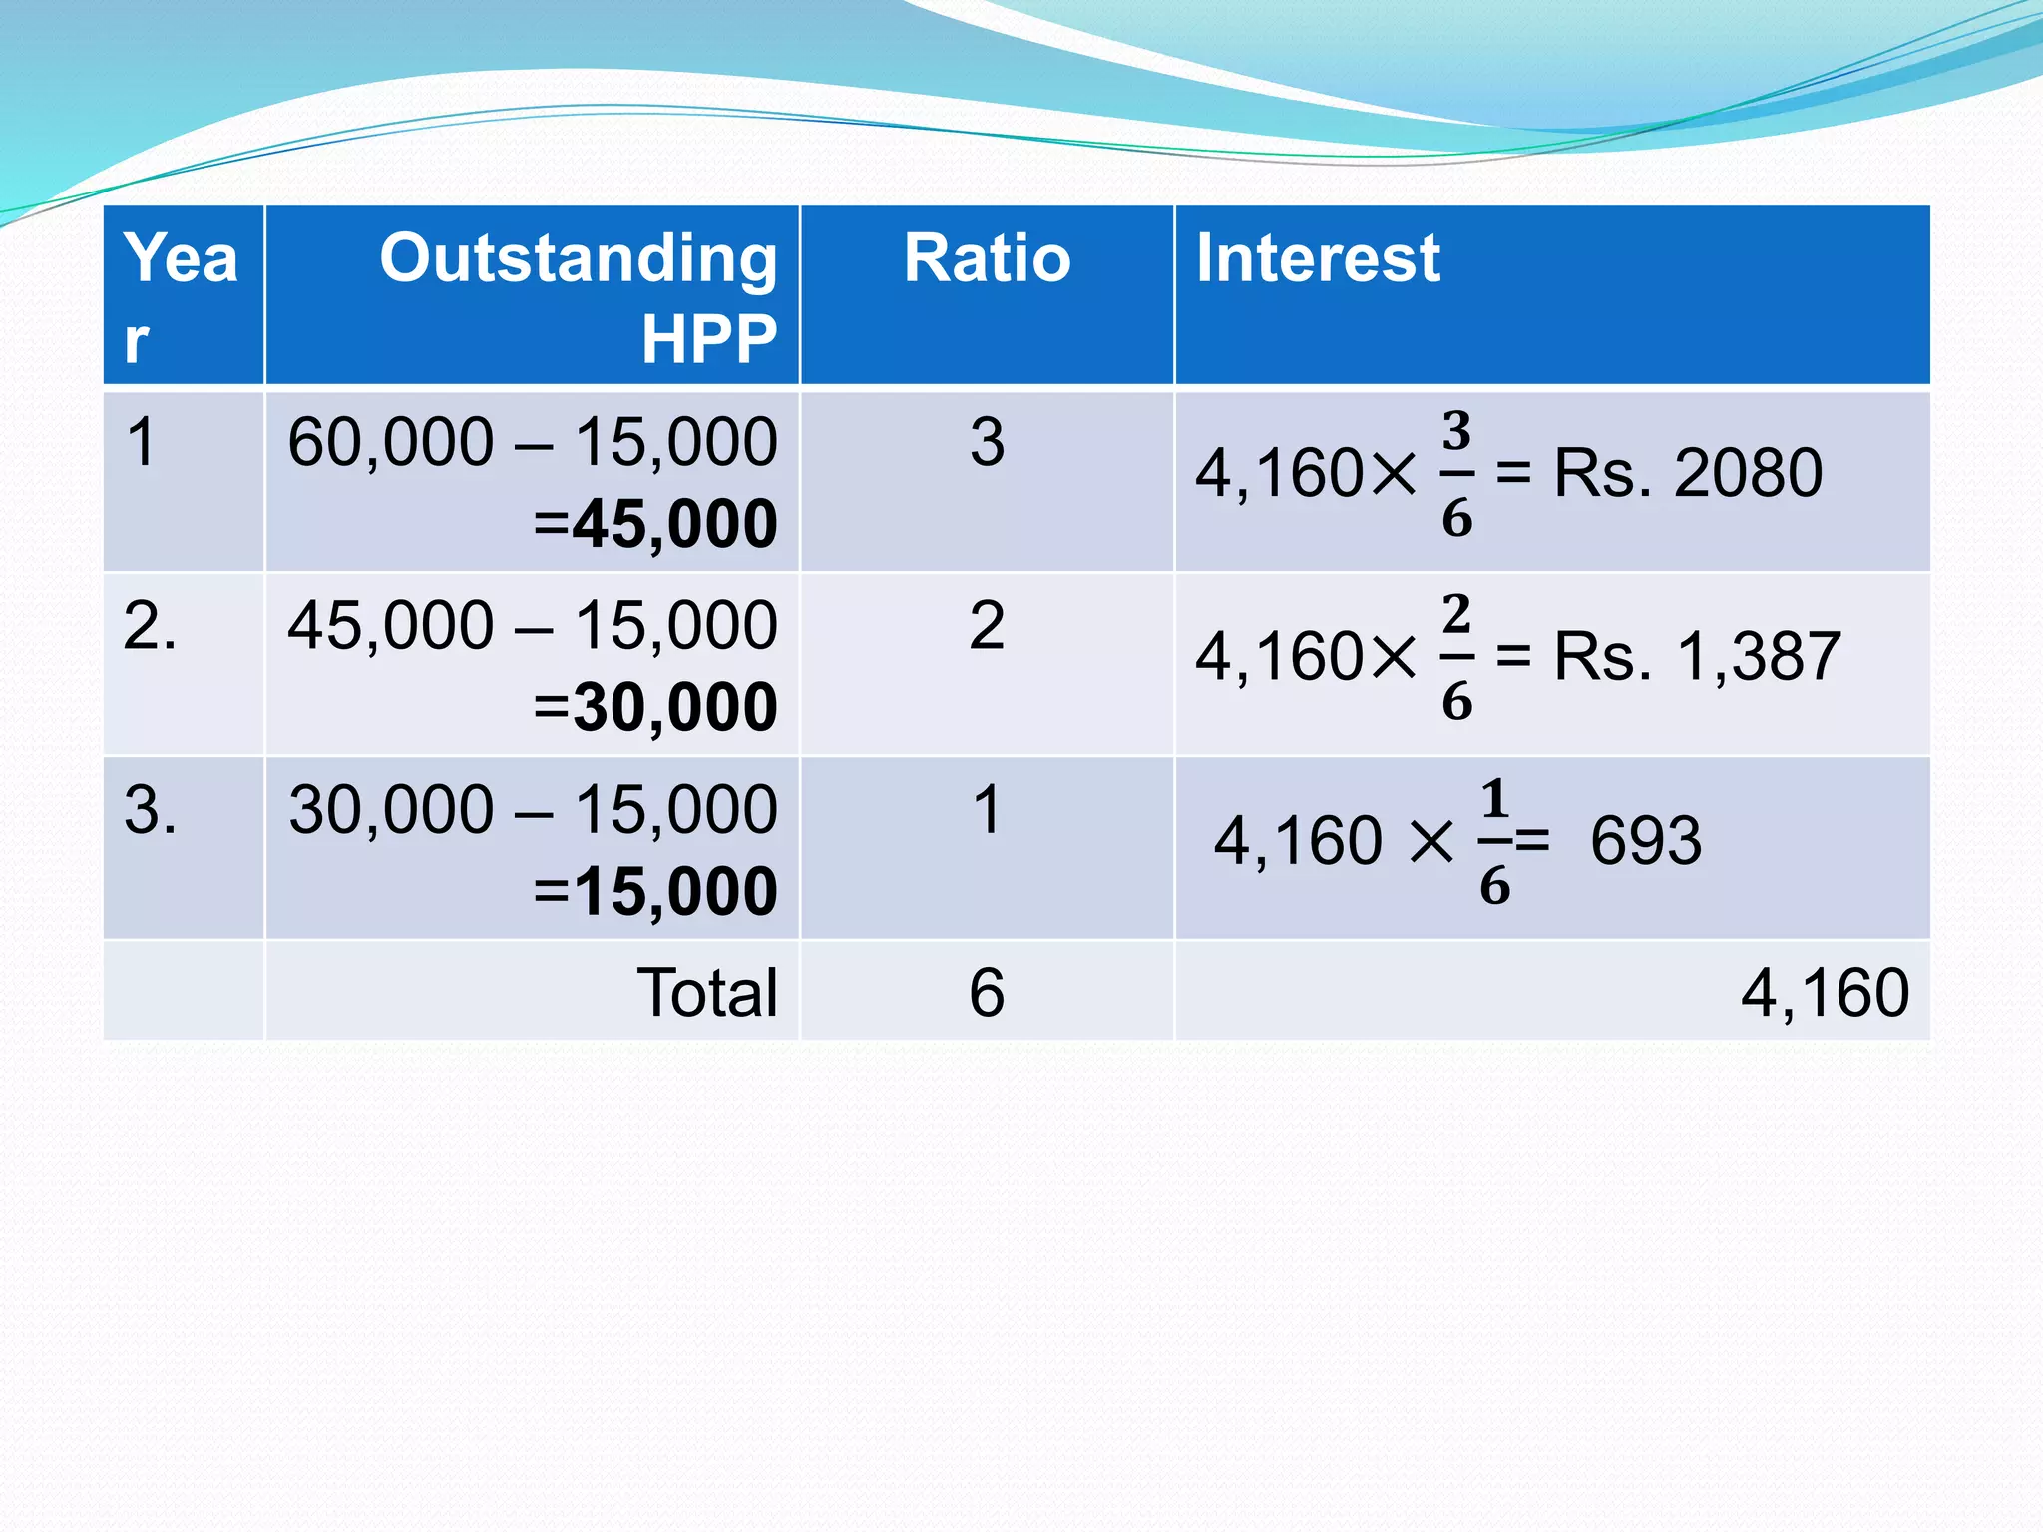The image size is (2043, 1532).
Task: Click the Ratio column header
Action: click(x=987, y=258)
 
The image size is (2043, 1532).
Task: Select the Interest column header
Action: click(x=1317, y=258)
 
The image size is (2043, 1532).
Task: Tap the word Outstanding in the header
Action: click(x=579, y=258)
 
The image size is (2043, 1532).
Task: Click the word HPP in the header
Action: click(x=708, y=339)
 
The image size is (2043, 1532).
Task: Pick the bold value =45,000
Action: click(x=655, y=523)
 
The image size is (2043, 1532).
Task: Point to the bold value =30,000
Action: click(x=655, y=706)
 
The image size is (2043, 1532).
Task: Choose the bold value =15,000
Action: click(x=655, y=890)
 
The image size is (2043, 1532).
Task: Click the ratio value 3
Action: click(x=987, y=442)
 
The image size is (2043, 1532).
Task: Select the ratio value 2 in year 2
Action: click(x=987, y=626)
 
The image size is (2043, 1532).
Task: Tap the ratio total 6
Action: click(x=987, y=993)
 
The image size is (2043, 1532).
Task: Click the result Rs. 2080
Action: click(x=1688, y=473)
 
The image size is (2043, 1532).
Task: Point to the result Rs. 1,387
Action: click(x=1697, y=657)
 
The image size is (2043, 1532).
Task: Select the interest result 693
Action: click(x=1646, y=841)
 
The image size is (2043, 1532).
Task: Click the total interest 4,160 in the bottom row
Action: click(x=1825, y=993)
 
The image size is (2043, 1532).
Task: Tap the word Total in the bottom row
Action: click(x=707, y=993)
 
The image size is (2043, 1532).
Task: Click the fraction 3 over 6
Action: click(x=1456, y=473)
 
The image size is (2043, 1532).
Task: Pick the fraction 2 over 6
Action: click(x=1456, y=657)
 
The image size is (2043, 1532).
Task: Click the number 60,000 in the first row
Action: click(x=390, y=442)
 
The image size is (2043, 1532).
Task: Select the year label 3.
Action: click(x=150, y=809)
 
